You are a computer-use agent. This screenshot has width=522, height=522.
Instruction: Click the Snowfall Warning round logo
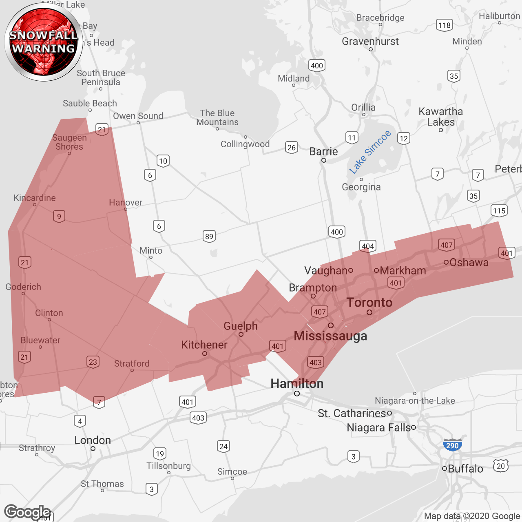click(x=44, y=42)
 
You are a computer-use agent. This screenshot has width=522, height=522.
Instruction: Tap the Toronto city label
click(x=369, y=302)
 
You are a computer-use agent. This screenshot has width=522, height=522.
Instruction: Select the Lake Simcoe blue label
click(x=370, y=152)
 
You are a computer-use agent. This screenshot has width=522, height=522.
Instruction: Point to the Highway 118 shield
click(x=444, y=25)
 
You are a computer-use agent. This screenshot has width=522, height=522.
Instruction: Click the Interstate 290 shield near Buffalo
click(x=452, y=445)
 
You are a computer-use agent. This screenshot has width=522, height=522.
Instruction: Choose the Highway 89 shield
click(x=209, y=236)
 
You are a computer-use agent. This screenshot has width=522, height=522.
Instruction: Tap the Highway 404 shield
click(x=368, y=246)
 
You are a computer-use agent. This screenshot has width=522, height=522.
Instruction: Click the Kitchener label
click(x=204, y=345)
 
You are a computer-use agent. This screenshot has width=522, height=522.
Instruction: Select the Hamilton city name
click(x=297, y=383)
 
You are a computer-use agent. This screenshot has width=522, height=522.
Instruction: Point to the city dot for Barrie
click(x=324, y=160)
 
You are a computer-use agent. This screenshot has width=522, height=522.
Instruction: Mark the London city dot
click(x=93, y=449)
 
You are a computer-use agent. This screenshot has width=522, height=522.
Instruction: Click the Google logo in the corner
click(x=27, y=512)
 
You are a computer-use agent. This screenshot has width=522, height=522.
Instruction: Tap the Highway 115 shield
click(x=499, y=210)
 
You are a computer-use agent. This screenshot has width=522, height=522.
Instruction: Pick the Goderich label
click(x=23, y=287)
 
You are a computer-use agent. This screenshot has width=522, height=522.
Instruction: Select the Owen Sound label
click(x=138, y=116)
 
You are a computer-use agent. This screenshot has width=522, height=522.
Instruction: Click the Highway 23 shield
click(x=93, y=362)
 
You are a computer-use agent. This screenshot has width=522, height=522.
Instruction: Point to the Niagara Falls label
click(x=378, y=427)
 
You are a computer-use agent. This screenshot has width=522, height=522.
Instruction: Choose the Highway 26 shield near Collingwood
click(x=292, y=147)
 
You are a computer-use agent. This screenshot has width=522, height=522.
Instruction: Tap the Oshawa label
click(x=469, y=262)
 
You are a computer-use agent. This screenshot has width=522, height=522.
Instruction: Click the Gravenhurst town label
click(x=370, y=41)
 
